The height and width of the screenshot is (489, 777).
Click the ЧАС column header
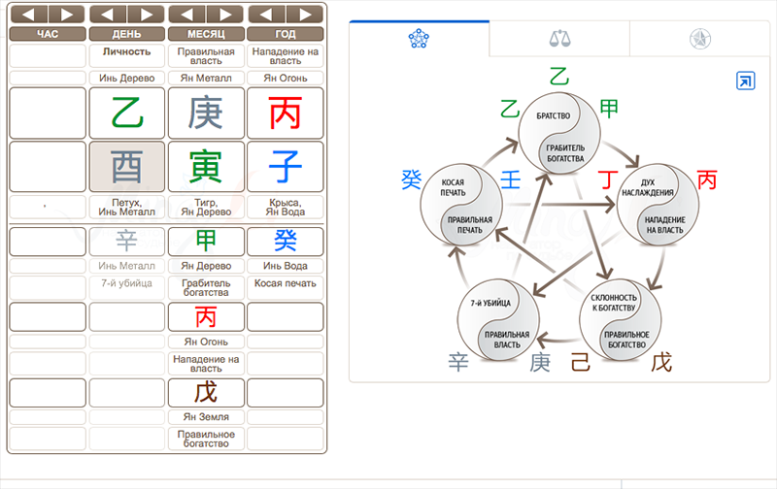48,34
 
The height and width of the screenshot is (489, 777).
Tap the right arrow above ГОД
305,15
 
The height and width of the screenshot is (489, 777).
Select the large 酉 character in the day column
126,166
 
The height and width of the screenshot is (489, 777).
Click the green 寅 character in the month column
206,166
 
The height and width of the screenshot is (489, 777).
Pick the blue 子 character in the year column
286,166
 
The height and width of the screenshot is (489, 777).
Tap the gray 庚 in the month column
206,113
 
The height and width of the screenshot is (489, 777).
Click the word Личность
126,50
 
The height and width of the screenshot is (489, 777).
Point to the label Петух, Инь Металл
126,207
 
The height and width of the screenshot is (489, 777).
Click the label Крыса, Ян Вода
286,207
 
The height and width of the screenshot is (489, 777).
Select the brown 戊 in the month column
206,392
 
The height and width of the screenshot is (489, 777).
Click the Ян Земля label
206,417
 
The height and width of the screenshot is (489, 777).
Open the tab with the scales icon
559,39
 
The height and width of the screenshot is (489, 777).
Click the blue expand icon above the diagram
745,81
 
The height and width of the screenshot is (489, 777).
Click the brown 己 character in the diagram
580,363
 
